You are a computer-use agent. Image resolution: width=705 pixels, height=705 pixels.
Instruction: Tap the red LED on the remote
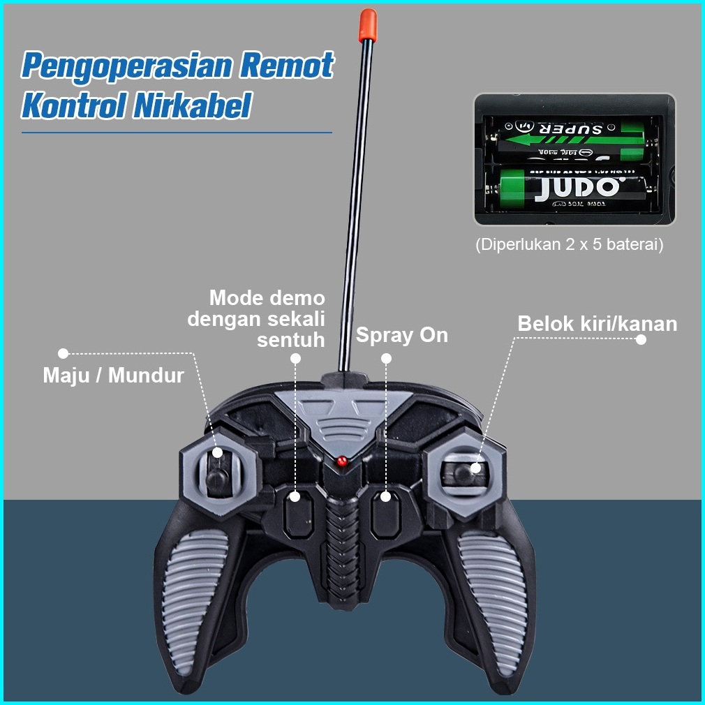(x=341, y=461)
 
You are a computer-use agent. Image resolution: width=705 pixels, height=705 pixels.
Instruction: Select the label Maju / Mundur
(x=114, y=376)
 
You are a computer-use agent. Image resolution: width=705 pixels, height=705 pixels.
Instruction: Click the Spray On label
(x=402, y=335)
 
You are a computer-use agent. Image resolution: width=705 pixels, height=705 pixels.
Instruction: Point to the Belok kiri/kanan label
(x=598, y=324)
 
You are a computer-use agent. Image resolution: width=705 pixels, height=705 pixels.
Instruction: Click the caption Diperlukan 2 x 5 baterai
(x=569, y=245)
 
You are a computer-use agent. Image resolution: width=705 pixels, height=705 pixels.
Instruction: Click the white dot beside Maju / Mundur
(x=63, y=353)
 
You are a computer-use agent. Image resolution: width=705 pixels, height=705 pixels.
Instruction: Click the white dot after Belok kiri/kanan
(x=641, y=339)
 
